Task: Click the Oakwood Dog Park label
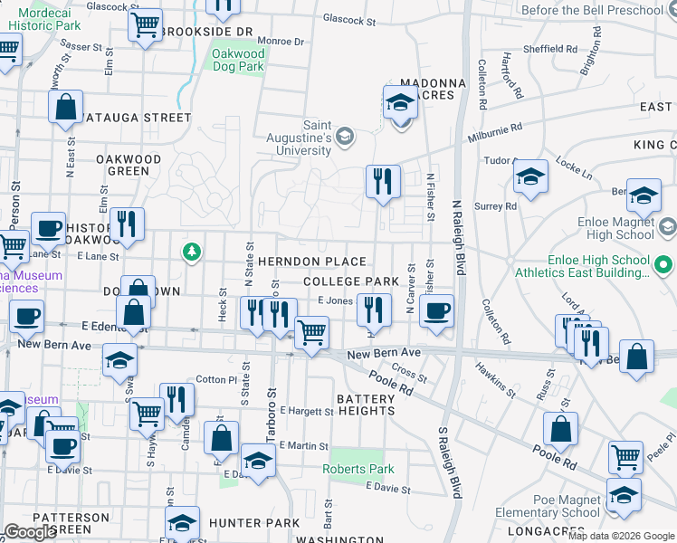coord(238,61)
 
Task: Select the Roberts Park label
coord(358,469)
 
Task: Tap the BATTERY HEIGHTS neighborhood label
coord(366,405)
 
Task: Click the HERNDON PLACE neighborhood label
coord(310,261)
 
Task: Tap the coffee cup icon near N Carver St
coord(436,310)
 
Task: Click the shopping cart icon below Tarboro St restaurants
coord(312,331)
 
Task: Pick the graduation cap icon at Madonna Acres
coord(399,103)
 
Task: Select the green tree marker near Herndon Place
coord(191,250)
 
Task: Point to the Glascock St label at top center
coord(348,19)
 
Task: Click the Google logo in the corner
coord(30,532)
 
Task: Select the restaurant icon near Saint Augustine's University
coord(383,180)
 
